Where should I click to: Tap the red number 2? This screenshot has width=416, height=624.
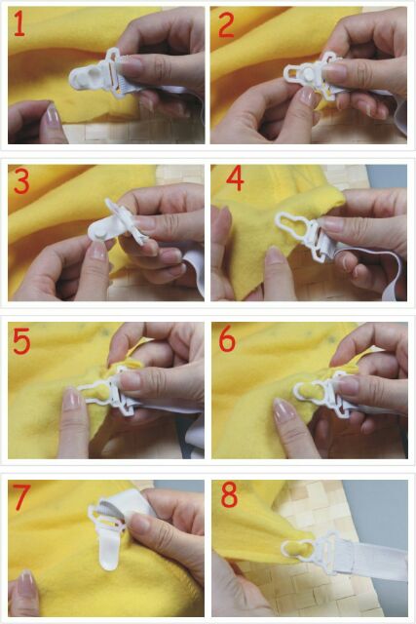(x=226, y=26)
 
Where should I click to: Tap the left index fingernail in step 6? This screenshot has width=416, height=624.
(x=282, y=409)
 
